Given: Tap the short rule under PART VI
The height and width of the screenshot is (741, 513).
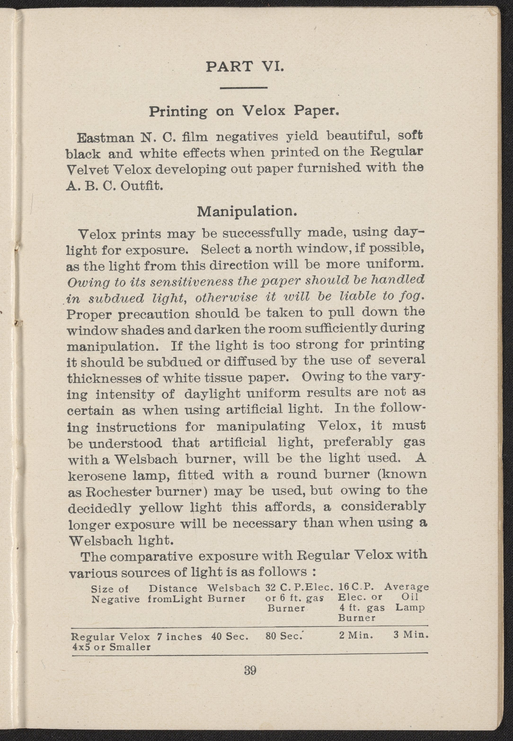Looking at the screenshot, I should click(244, 88).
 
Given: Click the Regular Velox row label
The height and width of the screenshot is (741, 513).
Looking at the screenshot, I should click(110, 637).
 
